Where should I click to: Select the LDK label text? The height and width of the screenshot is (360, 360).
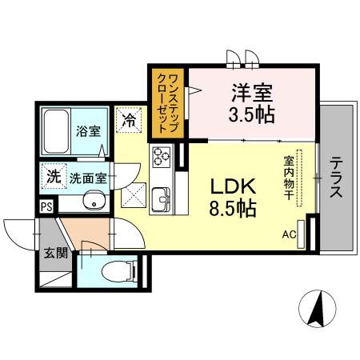[233, 186]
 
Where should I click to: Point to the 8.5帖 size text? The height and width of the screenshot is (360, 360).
[233, 210]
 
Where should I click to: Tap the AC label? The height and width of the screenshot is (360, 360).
[289, 234]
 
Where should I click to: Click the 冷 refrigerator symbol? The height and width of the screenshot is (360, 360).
[129, 121]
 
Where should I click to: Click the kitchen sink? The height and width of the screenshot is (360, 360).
[161, 194]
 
